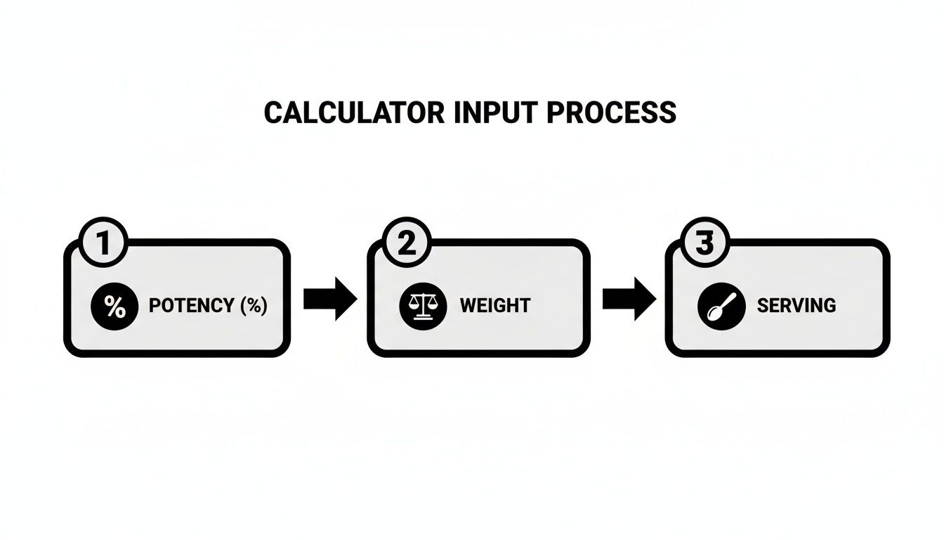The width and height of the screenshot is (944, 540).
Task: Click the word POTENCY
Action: click(x=191, y=306)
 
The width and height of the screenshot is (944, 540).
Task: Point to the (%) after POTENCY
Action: click(x=254, y=306)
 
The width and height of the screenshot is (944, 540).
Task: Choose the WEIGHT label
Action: click(x=495, y=306)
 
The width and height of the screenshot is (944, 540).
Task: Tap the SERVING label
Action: click(x=796, y=306)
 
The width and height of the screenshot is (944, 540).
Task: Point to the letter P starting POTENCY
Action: click(x=155, y=306)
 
